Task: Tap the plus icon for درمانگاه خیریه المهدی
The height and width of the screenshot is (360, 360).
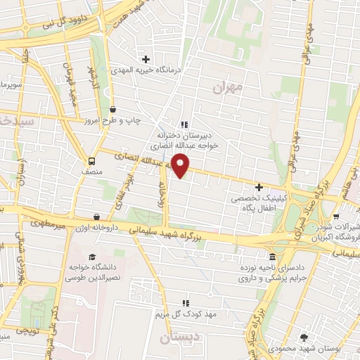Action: (146, 59)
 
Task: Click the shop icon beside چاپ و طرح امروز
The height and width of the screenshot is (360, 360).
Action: (113, 109)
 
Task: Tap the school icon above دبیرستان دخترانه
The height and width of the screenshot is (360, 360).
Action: (184, 124)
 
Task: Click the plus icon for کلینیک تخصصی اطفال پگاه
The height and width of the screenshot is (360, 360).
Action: (259, 188)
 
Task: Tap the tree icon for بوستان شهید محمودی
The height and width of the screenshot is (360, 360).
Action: (303, 337)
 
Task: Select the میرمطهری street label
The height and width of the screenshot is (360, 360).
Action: (46, 226)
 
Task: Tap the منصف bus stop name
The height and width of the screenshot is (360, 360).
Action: (92, 171)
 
